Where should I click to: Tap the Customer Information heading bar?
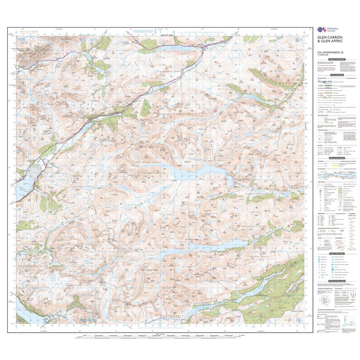click(336, 60)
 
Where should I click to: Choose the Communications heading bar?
click(336, 75)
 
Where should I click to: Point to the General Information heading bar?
click(336, 158)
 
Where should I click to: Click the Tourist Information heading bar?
click(336, 253)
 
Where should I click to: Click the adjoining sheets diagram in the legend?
click(325, 302)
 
